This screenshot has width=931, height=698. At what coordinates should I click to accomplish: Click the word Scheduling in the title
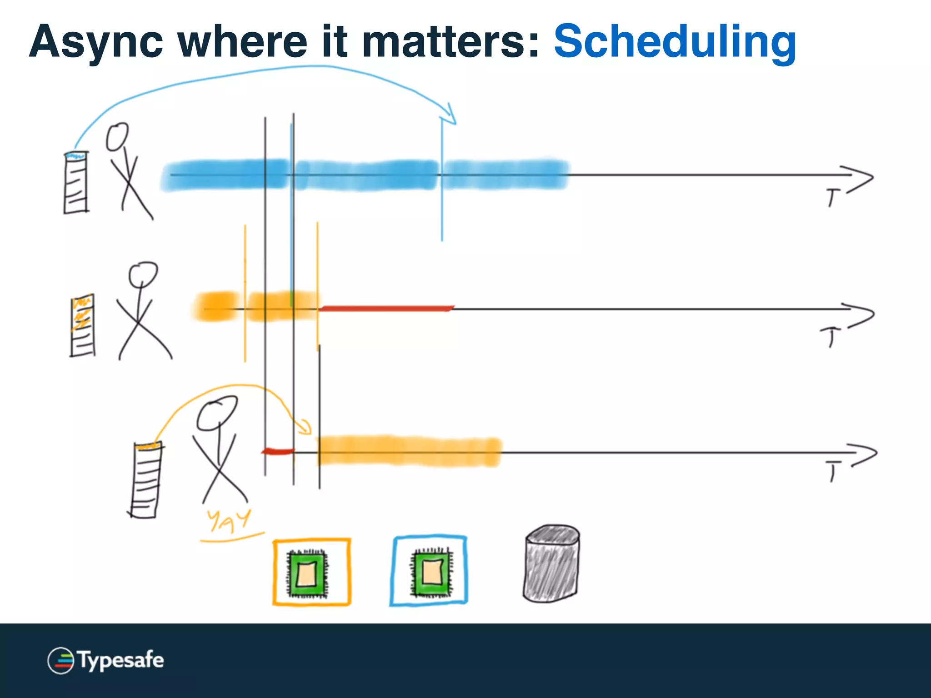point(675,42)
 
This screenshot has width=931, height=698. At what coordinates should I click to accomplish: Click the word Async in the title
point(96,42)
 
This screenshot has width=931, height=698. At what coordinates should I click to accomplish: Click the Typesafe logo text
point(120,660)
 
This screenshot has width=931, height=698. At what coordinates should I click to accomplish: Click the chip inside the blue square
point(431,572)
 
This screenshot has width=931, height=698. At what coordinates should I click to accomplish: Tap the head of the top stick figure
point(117,136)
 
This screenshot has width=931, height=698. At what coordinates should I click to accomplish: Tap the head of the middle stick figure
point(143,274)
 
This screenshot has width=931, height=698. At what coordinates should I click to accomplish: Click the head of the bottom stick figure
point(217,413)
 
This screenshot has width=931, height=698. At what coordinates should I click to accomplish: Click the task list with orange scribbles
point(83,325)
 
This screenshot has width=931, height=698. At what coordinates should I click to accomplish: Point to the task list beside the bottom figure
point(146,481)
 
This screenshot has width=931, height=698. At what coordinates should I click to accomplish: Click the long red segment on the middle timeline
point(386,309)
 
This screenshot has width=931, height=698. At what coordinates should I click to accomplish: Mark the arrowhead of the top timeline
point(861,178)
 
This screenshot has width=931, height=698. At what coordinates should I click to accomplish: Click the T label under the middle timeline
point(830,337)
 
